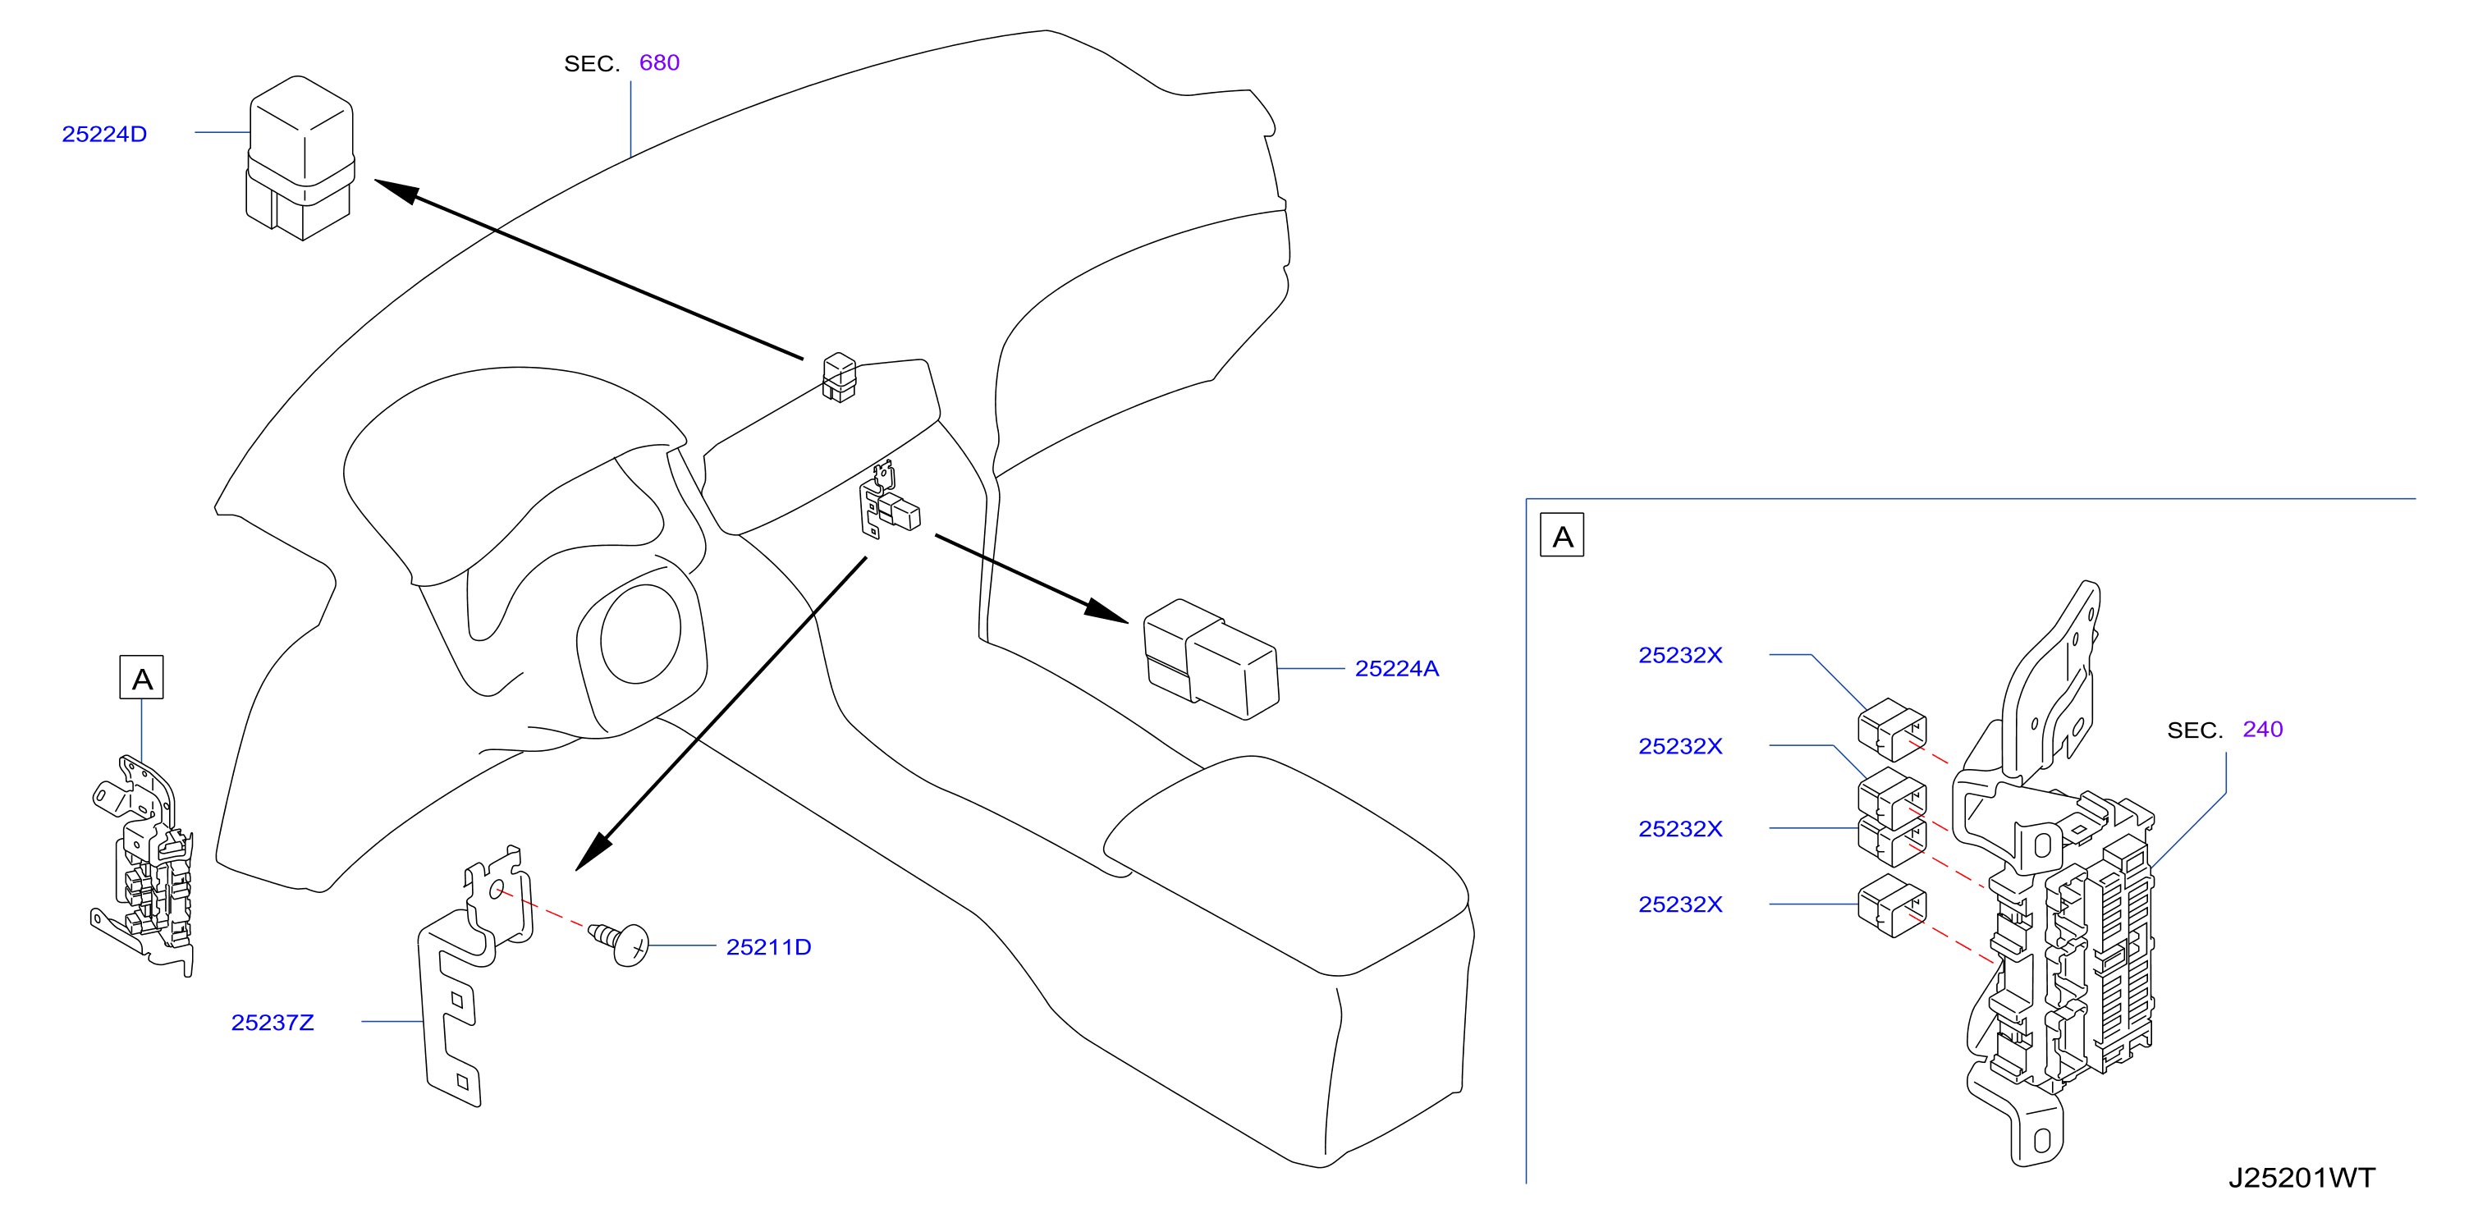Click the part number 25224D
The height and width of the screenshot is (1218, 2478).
(x=104, y=134)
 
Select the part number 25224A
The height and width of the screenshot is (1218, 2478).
(x=1397, y=669)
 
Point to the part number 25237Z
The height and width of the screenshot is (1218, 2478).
(x=273, y=1023)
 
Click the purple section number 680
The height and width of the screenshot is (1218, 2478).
(x=659, y=62)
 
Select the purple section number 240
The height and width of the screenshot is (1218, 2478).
(x=2262, y=730)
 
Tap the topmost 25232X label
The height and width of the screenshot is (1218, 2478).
(x=1680, y=655)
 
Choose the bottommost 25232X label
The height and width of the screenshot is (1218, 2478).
(x=1680, y=904)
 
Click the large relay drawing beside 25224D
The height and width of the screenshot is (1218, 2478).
(x=300, y=158)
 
